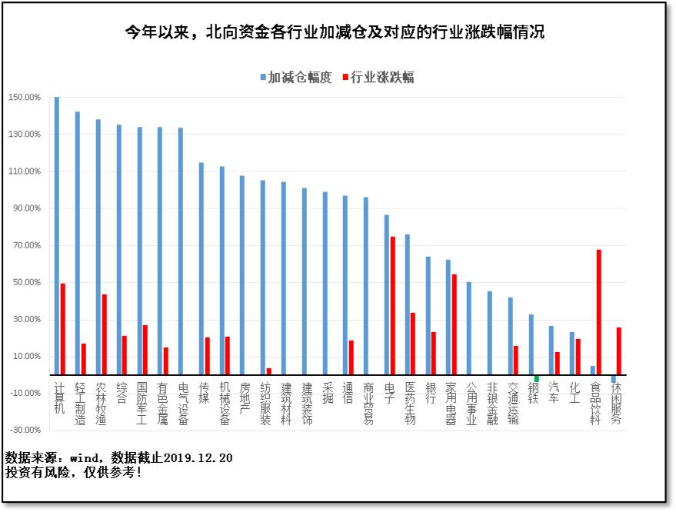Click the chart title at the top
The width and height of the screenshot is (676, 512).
(x=335, y=32)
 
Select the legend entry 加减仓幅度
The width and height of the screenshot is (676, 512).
(x=296, y=78)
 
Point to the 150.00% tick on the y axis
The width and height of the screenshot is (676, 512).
(x=25, y=98)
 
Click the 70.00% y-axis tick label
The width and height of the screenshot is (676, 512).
(x=25, y=245)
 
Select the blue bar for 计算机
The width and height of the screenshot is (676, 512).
(x=57, y=236)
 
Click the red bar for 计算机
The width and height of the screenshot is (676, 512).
(x=63, y=329)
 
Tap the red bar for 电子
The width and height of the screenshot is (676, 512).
(x=392, y=306)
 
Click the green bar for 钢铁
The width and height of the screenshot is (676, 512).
(x=536, y=378)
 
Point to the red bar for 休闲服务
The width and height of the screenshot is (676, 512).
(x=619, y=351)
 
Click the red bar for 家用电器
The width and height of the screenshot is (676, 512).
(x=454, y=324)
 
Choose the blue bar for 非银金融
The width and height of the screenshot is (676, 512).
(x=489, y=333)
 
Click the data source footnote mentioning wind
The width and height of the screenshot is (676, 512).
(x=118, y=458)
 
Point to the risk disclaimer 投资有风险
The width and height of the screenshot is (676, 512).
(x=73, y=472)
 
